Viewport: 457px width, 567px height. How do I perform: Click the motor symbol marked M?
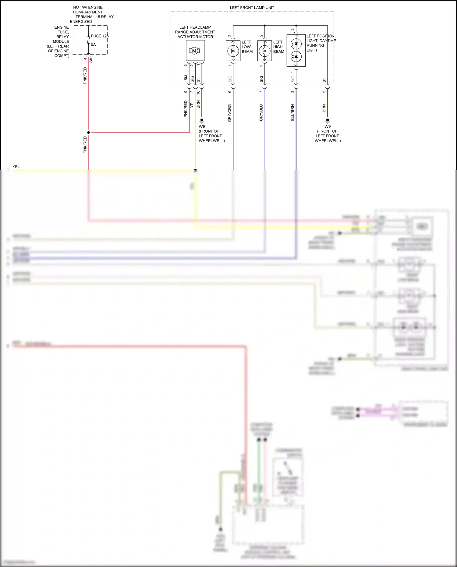[x=194, y=51]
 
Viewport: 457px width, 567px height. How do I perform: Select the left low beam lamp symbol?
[x=233, y=51]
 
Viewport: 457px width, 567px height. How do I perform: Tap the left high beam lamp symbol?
[x=264, y=51]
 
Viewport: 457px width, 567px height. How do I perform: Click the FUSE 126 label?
[x=100, y=36]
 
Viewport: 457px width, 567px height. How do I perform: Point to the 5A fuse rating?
[x=93, y=44]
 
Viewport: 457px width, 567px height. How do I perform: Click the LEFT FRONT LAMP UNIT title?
[x=252, y=8]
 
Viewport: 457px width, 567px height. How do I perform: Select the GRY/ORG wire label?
[x=230, y=113]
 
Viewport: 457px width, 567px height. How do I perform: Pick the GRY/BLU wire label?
[x=261, y=112]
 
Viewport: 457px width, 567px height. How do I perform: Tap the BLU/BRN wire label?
[x=292, y=112]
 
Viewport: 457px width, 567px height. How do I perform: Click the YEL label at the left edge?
[x=16, y=167]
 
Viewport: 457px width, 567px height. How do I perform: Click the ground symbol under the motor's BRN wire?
[x=202, y=121]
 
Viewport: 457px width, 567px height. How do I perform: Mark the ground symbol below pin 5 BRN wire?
[x=328, y=121]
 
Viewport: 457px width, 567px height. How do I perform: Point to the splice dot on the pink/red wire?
[x=89, y=133]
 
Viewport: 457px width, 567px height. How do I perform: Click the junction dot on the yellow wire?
[x=196, y=170]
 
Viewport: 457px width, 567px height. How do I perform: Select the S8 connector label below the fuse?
[x=91, y=60]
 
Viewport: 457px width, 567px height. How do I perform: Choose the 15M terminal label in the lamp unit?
[x=186, y=78]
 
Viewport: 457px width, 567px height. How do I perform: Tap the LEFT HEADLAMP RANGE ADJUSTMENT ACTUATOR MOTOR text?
[x=195, y=32]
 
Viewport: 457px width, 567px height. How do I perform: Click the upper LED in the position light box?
[x=296, y=44]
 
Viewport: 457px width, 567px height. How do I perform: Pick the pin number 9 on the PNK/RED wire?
[x=186, y=92]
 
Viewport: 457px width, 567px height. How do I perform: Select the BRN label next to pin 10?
[x=198, y=104]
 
